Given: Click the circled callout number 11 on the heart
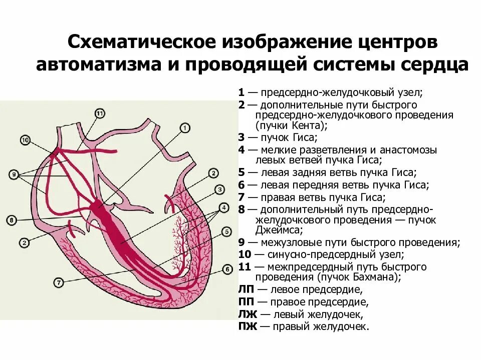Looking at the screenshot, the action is [100, 113].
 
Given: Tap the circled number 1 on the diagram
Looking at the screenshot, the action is [184, 128].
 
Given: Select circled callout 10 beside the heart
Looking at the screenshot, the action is [26, 140].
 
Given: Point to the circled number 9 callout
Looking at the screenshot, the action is [15, 174].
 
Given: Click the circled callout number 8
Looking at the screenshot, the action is [12, 220].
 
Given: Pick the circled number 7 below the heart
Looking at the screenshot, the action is [59, 282].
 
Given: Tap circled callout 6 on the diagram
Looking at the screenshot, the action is [227, 269].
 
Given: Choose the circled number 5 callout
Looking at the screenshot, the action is [226, 232].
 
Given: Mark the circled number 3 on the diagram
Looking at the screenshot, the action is [219, 189].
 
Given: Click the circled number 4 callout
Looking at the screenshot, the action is [224, 207].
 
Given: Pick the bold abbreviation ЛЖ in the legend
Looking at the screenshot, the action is [248, 314].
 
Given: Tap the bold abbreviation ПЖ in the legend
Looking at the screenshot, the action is [248, 327].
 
